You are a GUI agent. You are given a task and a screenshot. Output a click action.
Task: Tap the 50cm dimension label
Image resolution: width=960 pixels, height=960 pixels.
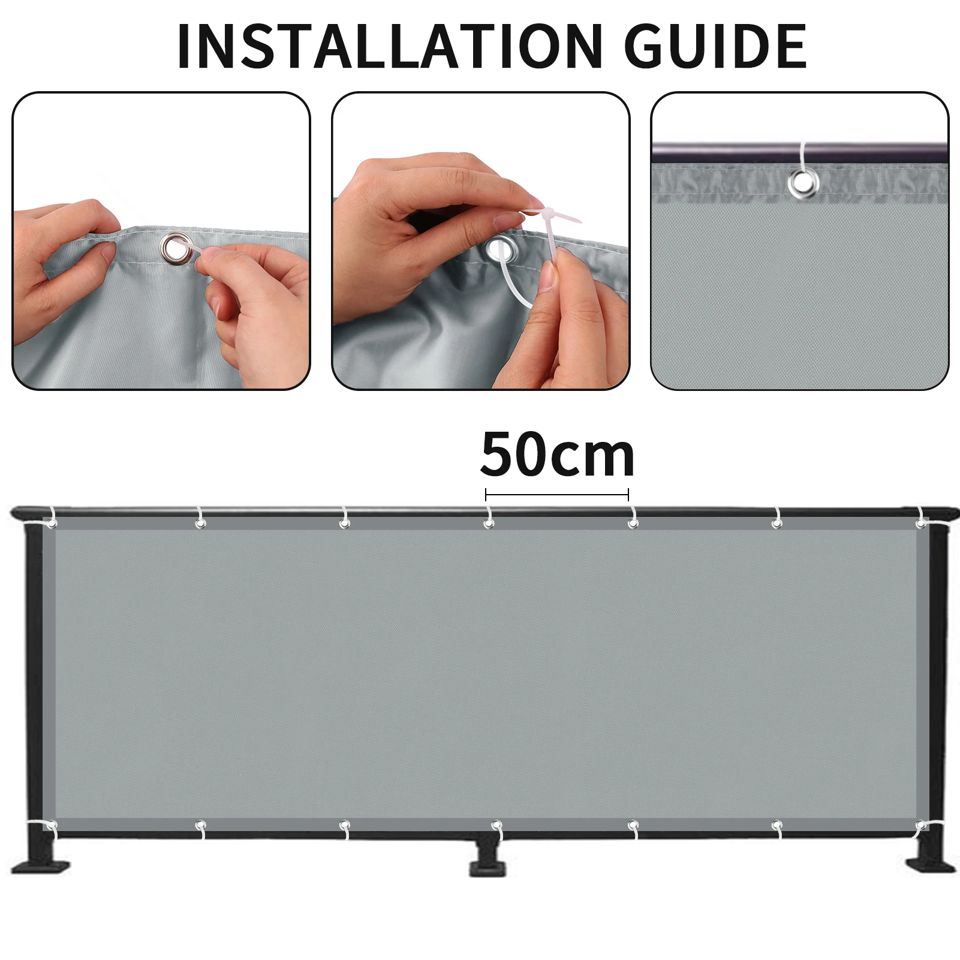pos(557,455)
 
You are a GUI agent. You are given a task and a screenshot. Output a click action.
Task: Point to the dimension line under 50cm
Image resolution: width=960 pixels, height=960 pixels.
pos(557,495)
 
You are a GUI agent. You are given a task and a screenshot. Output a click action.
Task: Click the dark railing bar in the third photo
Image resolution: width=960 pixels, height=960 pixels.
pos(800,150)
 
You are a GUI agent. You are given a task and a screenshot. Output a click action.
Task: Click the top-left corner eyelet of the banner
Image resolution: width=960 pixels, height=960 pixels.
pos(52,524)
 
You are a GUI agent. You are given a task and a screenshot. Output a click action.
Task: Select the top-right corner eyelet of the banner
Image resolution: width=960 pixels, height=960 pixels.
pos(920,523)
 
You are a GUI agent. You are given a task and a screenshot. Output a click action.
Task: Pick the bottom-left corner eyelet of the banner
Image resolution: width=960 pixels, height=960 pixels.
pos(52,826)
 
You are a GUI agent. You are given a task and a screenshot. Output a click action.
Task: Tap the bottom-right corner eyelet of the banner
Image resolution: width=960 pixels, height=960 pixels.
pos(920,827)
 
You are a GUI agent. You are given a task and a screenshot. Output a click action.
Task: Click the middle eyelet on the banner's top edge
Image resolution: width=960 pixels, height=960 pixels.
pos(489,523)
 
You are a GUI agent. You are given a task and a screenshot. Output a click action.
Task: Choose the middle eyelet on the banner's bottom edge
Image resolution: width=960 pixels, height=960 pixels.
pos(496,826)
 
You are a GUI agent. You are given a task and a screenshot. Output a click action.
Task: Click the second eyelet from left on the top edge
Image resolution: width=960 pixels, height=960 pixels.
pos(200,523)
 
